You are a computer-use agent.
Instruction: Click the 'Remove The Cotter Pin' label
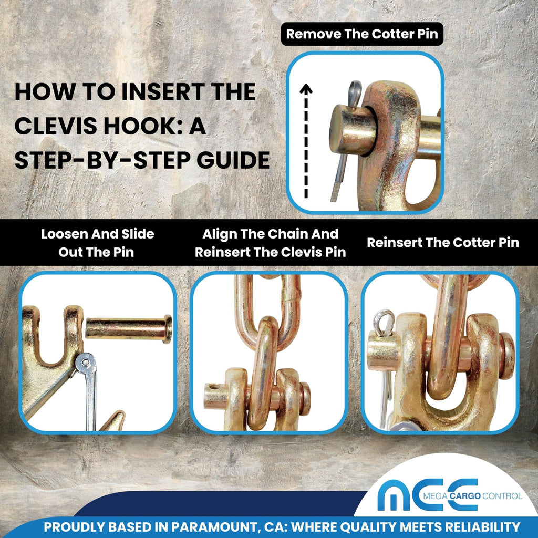pos(362,34)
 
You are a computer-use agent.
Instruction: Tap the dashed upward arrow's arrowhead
pos(306,89)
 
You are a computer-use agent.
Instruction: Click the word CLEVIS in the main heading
pos(56,126)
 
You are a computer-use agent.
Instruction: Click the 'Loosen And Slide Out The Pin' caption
pos(97,243)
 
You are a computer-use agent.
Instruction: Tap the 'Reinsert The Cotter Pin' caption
pos(443,243)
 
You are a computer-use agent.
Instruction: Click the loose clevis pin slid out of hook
pos(129,329)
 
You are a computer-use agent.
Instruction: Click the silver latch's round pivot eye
pos(85,363)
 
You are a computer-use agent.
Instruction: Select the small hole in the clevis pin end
pos(214,387)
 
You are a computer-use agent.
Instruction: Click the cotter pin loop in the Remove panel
pos(355,92)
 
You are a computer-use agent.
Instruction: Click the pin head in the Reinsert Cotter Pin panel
pos(507,356)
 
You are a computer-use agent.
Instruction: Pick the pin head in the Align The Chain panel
pos(305,399)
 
